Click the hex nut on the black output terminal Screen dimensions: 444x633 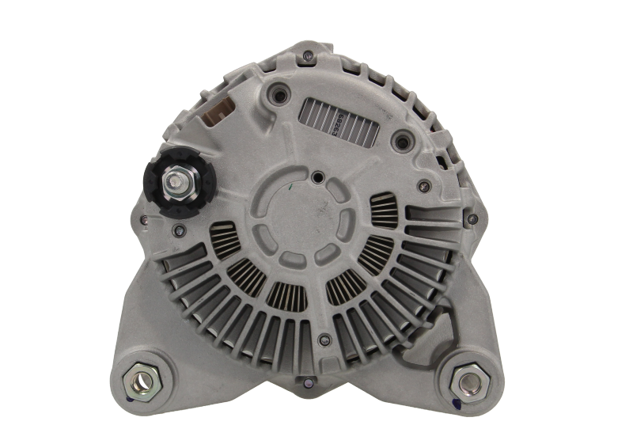(173, 183)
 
